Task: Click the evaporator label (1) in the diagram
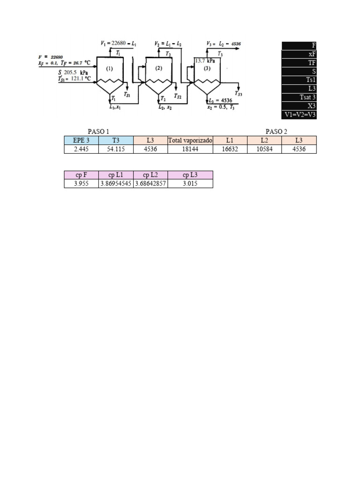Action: [x=109, y=68]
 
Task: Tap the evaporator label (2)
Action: [x=158, y=68]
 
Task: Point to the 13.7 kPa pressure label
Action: [x=205, y=61]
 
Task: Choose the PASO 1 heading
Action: [x=98, y=131]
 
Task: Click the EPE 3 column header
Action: [x=82, y=140]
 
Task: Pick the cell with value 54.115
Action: [x=116, y=149]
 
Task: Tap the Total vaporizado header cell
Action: [x=190, y=140]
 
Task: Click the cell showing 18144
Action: [x=190, y=149]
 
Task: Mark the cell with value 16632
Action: [x=230, y=149]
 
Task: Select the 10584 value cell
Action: [x=264, y=149]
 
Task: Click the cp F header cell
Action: [x=82, y=175]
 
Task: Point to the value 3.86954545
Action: [x=116, y=184]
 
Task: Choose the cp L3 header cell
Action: [x=190, y=175]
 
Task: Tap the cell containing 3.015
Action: [x=190, y=184]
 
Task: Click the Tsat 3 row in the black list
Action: [x=299, y=97]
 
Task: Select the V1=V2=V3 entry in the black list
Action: [x=299, y=114]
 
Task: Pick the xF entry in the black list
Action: [x=299, y=54]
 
